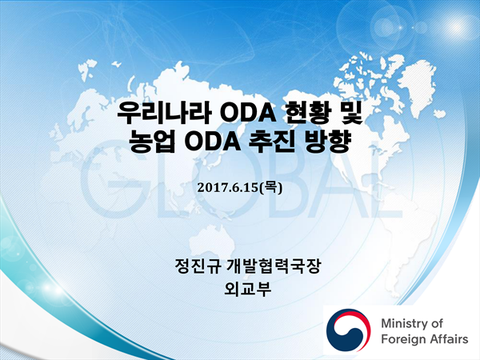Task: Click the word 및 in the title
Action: (351, 113)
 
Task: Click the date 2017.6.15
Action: (227, 188)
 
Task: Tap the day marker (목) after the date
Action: (270, 187)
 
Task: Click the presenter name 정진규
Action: (198, 266)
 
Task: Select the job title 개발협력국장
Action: (273, 266)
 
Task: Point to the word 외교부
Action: (248, 289)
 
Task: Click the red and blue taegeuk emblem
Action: (348, 330)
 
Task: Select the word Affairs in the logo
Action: (449, 339)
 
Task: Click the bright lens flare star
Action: (457, 27)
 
